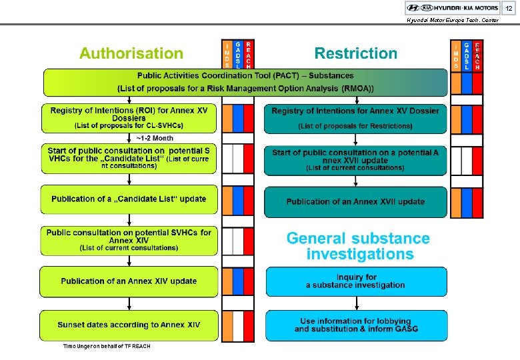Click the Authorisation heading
(131, 53)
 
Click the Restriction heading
(355, 53)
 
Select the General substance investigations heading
(358, 246)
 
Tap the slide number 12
(509, 8)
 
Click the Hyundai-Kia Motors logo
(453, 8)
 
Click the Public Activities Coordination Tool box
(246, 82)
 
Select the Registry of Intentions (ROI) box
(129, 118)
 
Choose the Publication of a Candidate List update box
(129, 199)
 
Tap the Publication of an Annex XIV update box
(129, 281)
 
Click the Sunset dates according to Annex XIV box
(129, 325)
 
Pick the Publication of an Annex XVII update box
(355, 201)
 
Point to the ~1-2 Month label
(155, 138)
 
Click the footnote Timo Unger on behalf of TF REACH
(107, 346)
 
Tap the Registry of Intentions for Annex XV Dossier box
(355, 118)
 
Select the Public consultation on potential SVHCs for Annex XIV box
(129, 240)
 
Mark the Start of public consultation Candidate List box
(129, 159)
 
